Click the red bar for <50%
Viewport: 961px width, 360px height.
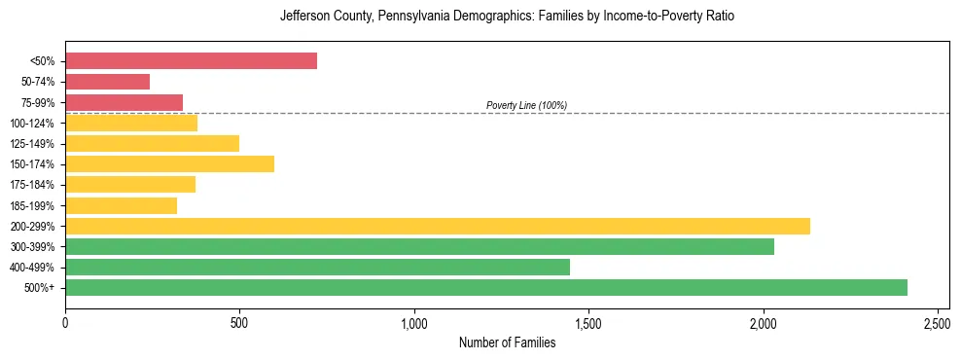coord(191,60)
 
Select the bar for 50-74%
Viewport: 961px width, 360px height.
coord(107,82)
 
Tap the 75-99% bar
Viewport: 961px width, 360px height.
coord(124,102)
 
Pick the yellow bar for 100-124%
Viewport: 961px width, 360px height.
coord(131,123)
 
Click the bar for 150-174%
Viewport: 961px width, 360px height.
coord(169,163)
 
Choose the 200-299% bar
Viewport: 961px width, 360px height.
coord(438,226)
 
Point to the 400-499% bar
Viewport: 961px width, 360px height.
coord(317,267)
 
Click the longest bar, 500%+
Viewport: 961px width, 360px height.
coord(486,287)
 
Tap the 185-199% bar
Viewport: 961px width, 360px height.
coord(121,205)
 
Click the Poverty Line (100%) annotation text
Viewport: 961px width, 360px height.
coord(526,105)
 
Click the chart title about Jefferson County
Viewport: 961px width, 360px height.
coord(507,17)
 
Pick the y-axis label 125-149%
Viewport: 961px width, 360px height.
coord(32,144)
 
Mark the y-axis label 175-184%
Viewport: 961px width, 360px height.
coord(32,185)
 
